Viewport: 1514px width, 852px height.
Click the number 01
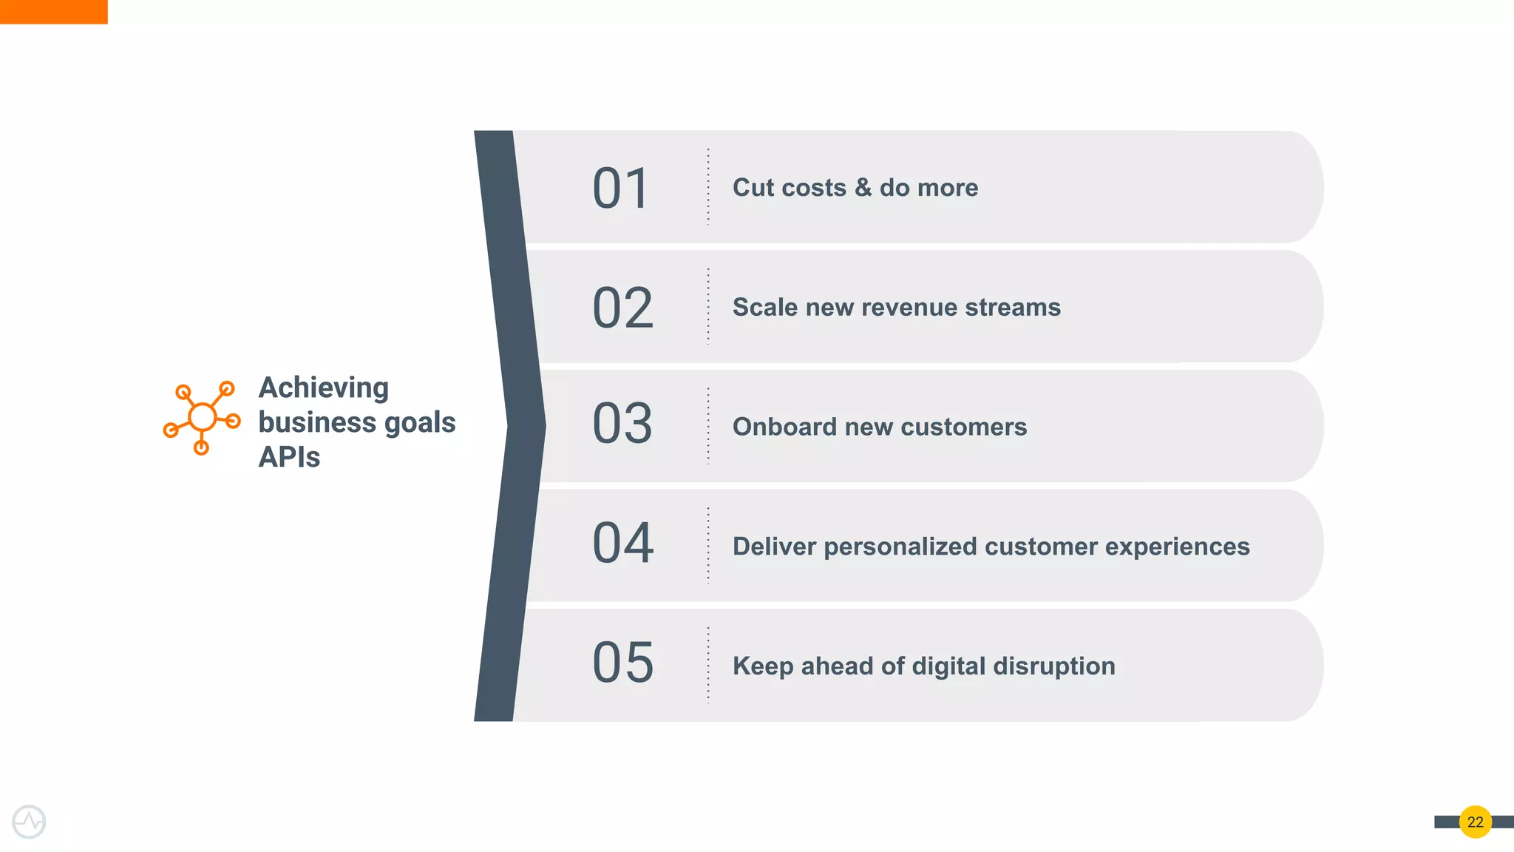click(x=621, y=189)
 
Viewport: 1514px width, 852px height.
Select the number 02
click(x=622, y=308)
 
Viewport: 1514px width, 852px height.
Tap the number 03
click(x=622, y=424)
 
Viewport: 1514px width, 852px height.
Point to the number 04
click(x=622, y=543)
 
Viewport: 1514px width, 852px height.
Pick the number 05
click(x=622, y=663)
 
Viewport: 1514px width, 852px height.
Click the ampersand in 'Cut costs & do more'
click(x=863, y=188)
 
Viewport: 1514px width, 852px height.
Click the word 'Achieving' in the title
click(x=323, y=388)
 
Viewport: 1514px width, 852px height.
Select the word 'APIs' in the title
click(x=289, y=458)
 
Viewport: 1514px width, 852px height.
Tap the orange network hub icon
click(x=202, y=418)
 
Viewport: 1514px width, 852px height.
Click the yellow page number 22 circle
click(x=1475, y=822)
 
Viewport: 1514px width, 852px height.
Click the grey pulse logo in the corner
click(x=29, y=822)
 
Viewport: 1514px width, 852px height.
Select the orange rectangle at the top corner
click(x=53, y=12)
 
